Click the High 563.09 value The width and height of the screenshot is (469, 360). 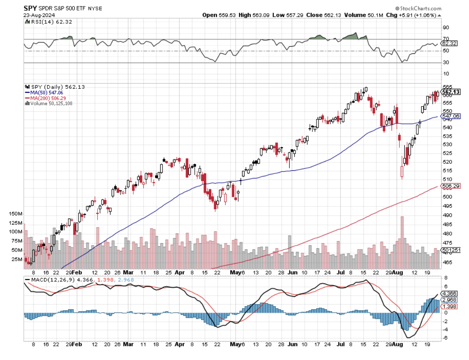pyautogui.click(x=251, y=15)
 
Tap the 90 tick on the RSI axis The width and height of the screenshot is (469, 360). pyautogui.click(x=445, y=28)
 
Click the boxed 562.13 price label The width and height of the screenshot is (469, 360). pyautogui.click(x=451, y=92)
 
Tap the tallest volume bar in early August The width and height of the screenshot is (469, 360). pyautogui.click(x=402, y=237)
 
